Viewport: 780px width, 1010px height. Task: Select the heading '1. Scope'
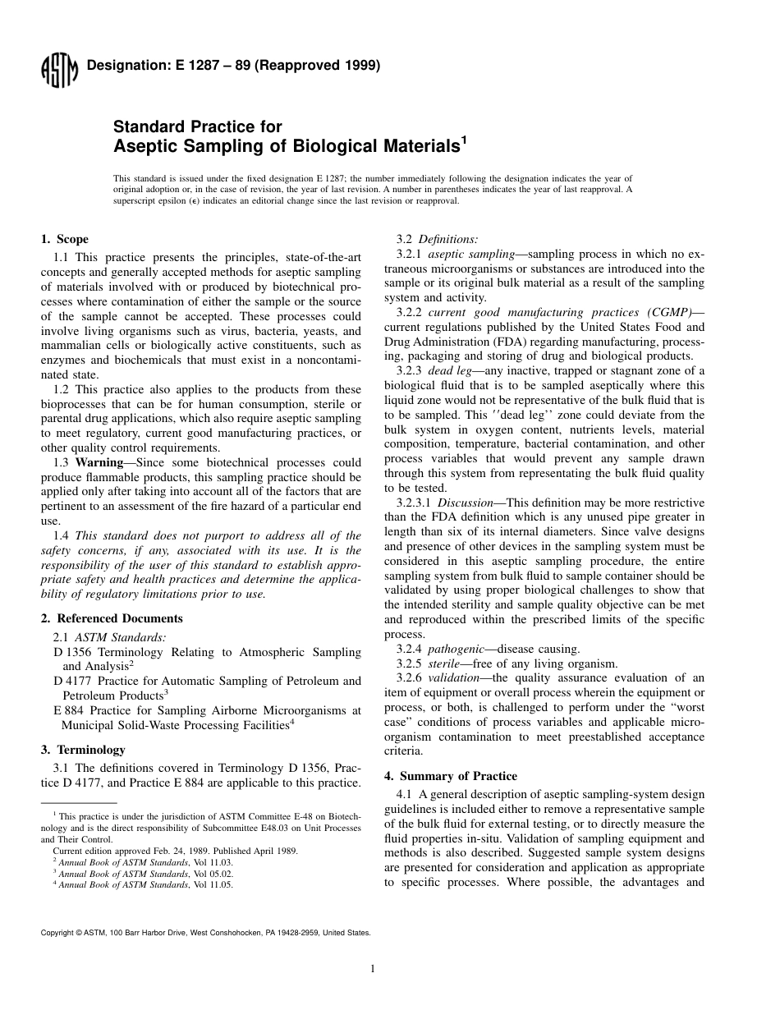coord(65,240)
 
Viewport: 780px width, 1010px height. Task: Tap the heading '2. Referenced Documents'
coord(112,618)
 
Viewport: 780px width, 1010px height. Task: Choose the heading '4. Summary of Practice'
coord(451,776)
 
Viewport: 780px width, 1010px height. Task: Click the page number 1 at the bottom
coord(373,969)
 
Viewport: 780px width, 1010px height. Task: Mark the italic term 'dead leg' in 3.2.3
coord(450,371)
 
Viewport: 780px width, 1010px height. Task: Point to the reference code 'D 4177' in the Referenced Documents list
coord(71,681)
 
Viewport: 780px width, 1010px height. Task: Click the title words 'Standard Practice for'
coord(197,126)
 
